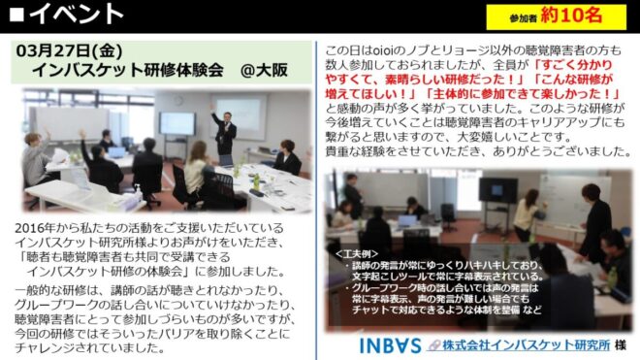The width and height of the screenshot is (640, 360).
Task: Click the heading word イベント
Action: pos(76,15)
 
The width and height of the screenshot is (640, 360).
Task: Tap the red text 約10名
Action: pos(571,16)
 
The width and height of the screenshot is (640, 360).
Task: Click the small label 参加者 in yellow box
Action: pos(523,18)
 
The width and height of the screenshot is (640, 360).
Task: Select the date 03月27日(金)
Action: pos(70,50)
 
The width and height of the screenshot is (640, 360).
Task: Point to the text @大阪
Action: pos(264,70)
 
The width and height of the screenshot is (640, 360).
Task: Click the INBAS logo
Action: pos(390,345)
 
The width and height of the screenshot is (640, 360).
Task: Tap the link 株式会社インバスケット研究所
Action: pos(526,345)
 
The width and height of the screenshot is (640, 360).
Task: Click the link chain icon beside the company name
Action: pos(434,345)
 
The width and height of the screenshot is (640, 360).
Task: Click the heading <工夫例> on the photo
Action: pos(356,254)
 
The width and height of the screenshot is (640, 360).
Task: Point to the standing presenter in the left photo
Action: pos(224,131)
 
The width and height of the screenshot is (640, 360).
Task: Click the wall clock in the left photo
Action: pos(177,100)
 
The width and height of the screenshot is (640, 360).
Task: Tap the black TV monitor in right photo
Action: pos(498,191)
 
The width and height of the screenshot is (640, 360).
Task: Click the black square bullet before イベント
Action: pos(17,15)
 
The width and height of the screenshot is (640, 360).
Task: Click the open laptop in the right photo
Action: pos(406,221)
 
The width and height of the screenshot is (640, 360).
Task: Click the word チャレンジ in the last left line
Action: pos(45,348)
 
